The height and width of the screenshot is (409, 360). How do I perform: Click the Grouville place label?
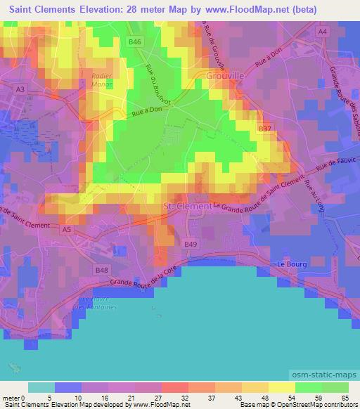click(x=224, y=75)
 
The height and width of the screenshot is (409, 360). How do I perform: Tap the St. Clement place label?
click(x=187, y=207)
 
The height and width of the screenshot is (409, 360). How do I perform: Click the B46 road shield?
click(x=136, y=43)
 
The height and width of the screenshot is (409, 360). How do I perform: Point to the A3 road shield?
click(x=20, y=89)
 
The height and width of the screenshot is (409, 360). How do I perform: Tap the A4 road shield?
click(x=323, y=32)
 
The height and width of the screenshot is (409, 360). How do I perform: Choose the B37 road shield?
click(x=264, y=129)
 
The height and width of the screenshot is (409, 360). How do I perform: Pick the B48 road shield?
click(x=102, y=269)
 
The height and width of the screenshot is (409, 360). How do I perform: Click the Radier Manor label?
click(x=103, y=78)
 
